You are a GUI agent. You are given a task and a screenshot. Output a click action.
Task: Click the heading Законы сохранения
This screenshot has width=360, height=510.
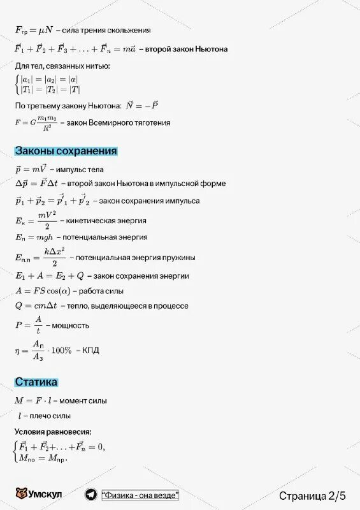(66, 151)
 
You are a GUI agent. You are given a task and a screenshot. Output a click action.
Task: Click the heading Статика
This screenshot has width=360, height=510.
(36, 382)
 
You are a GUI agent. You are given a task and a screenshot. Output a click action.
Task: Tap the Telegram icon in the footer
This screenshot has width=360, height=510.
(91, 495)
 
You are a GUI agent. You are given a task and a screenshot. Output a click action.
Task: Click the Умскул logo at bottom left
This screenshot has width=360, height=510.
(38, 495)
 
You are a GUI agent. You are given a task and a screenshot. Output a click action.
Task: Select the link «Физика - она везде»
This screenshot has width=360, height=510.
(140, 495)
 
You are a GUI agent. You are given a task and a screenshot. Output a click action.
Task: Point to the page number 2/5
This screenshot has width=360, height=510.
(337, 495)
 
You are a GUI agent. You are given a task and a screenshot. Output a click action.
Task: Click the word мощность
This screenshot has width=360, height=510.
(70, 324)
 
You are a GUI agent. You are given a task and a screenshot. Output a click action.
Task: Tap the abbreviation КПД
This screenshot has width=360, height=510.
(91, 350)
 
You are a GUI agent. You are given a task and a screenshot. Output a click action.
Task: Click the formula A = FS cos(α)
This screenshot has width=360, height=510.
(43, 291)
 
